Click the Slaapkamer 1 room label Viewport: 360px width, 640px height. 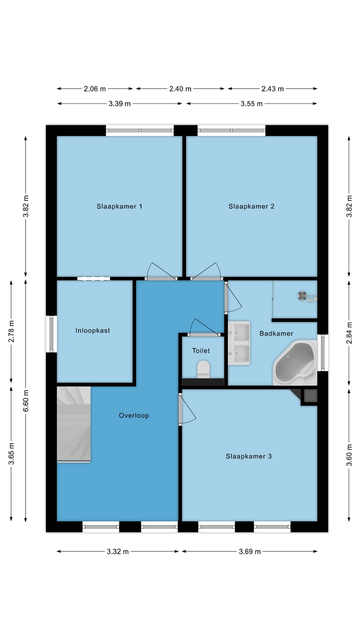point(119,206)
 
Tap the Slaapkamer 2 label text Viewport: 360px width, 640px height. point(251,206)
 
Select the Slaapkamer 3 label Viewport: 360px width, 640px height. point(248,456)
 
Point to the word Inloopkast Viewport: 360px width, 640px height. point(93,330)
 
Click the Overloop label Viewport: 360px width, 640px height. point(133,415)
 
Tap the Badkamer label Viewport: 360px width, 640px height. point(276,333)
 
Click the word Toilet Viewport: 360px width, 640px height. point(201,351)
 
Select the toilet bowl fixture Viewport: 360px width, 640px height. point(203,369)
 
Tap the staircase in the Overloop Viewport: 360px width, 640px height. point(73,424)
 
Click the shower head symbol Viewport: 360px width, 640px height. point(302,295)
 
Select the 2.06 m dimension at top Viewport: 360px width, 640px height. point(94,89)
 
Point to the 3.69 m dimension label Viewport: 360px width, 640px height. point(249,552)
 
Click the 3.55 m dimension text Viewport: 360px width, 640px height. point(251,104)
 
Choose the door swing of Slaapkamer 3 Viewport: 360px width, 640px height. point(188,408)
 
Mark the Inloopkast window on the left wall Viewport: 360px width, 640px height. point(51,333)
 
